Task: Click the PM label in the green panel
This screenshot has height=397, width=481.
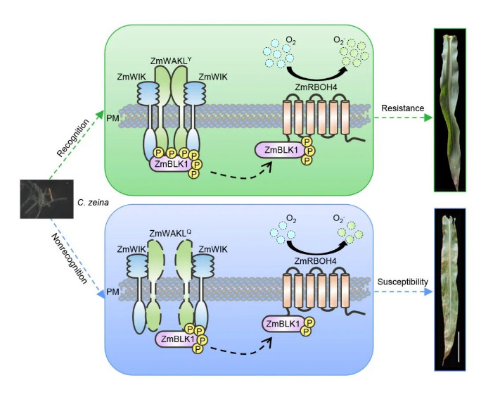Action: pyautogui.click(x=111, y=120)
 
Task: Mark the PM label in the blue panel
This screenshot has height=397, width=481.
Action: pyautogui.click(x=111, y=290)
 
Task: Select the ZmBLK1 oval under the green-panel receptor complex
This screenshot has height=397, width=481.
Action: pyautogui.click(x=170, y=164)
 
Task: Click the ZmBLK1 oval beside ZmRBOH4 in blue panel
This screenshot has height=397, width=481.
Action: pyautogui.click(x=281, y=324)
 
